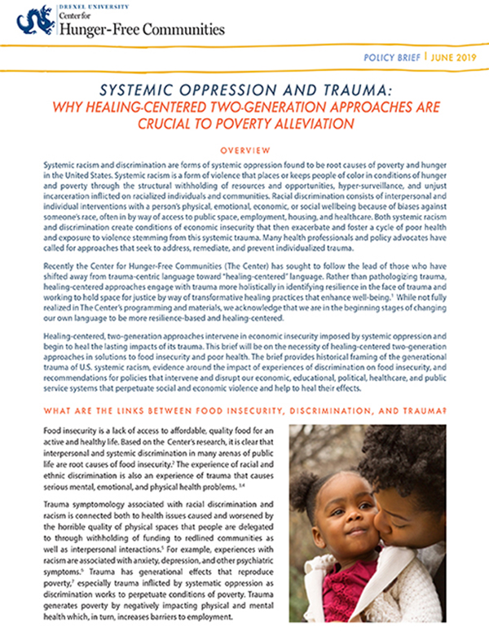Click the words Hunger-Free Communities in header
click(x=139, y=30)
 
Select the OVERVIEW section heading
click(x=244, y=151)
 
